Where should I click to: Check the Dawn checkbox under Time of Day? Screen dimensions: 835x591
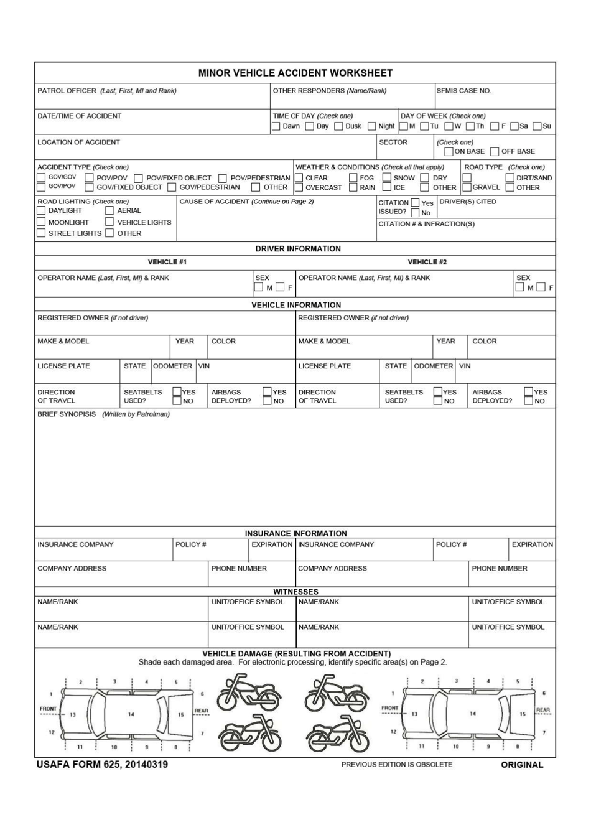(276, 126)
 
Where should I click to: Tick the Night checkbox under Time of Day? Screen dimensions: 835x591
(371, 126)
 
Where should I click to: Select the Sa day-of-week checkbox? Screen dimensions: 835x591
(514, 126)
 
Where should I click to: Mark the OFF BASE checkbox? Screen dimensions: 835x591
(495, 152)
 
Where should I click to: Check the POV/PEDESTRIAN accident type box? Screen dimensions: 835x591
(223, 178)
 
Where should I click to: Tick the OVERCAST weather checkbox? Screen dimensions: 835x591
(299, 187)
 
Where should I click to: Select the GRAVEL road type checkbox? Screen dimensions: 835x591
(467, 187)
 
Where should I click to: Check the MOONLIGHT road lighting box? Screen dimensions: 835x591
(41, 222)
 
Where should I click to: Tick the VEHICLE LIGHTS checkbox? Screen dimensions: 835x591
(109, 222)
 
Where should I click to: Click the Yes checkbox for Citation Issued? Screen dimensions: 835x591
(415, 203)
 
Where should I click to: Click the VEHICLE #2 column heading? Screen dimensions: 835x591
(427, 262)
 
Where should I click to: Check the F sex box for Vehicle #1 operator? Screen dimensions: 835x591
(281, 287)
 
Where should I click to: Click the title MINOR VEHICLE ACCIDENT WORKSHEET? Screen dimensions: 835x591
(295, 73)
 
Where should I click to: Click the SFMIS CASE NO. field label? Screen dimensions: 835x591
(463, 91)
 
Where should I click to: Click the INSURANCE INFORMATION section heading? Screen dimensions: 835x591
(295, 533)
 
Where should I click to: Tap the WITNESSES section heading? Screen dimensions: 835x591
(295, 592)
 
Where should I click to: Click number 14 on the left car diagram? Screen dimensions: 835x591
(131, 714)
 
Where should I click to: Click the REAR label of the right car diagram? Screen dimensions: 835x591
(543, 710)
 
